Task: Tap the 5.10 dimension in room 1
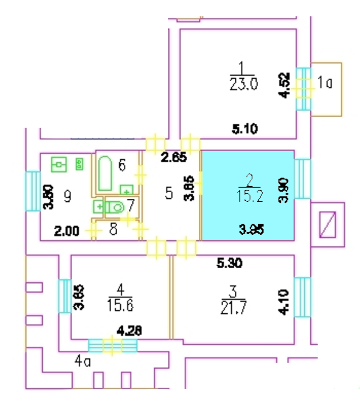click(246, 128)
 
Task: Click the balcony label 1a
click(325, 83)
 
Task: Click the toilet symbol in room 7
click(114, 206)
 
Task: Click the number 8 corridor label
click(112, 230)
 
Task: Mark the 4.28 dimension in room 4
click(129, 332)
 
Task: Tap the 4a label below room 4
click(82, 361)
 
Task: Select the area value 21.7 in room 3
click(232, 308)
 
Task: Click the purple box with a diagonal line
click(327, 224)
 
